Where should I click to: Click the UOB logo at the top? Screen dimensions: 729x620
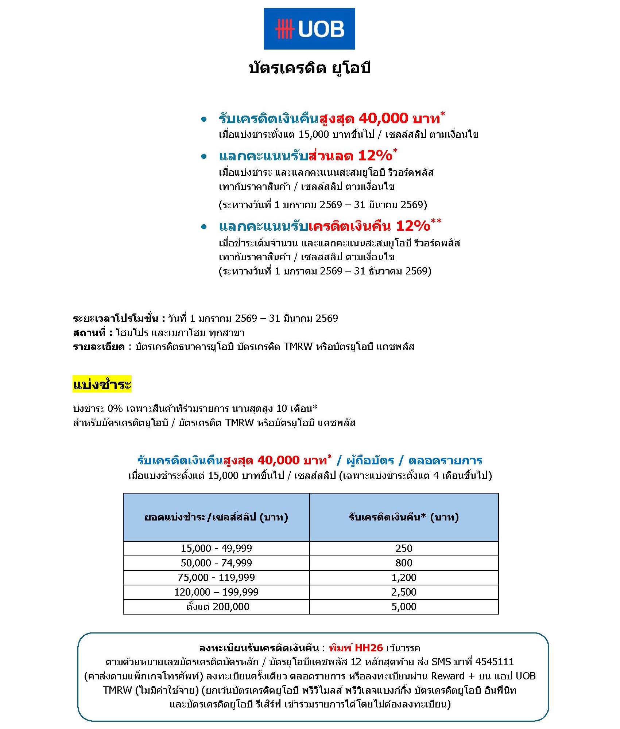click(309, 29)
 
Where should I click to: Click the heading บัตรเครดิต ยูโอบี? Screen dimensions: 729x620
click(309, 68)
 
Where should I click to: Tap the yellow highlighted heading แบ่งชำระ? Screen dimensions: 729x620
click(102, 385)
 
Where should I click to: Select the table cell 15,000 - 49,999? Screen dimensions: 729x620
click(216, 548)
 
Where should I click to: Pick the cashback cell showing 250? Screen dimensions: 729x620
click(404, 548)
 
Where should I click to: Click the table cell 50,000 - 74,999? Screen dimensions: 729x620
click(216, 563)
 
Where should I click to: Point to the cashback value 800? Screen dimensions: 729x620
click(404, 563)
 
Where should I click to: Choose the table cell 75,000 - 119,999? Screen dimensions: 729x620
click(216, 577)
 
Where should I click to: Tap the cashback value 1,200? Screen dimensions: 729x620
click(404, 577)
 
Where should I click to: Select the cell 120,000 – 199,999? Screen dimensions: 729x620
click(216, 592)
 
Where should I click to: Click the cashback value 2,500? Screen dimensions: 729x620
click(404, 592)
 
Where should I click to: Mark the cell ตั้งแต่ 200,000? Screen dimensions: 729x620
click(218, 607)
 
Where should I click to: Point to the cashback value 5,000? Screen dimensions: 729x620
click(404, 607)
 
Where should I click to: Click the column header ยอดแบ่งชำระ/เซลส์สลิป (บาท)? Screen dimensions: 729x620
click(216, 517)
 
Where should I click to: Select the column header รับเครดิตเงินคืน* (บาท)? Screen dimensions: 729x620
click(404, 517)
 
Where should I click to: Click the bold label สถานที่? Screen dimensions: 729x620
click(92, 333)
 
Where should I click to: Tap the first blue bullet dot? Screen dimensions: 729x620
click(204, 120)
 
